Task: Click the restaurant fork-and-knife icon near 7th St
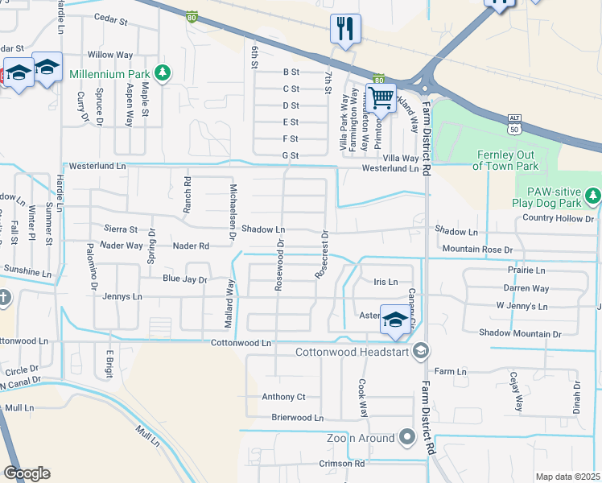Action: (x=345, y=30)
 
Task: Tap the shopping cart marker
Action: (x=381, y=99)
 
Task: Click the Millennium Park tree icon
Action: (x=163, y=74)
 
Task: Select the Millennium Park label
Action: (x=109, y=74)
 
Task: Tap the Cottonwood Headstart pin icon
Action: (x=420, y=351)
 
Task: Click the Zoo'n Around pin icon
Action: (x=406, y=438)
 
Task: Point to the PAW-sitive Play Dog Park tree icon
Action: (x=593, y=195)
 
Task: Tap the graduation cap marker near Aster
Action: (x=394, y=320)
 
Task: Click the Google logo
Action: (x=27, y=473)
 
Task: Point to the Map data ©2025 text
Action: (x=567, y=477)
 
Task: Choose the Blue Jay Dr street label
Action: (x=185, y=279)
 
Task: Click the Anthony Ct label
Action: (x=283, y=397)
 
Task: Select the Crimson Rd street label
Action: (x=341, y=464)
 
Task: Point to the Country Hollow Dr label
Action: (x=558, y=218)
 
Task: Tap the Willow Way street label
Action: (x=110, y=55)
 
